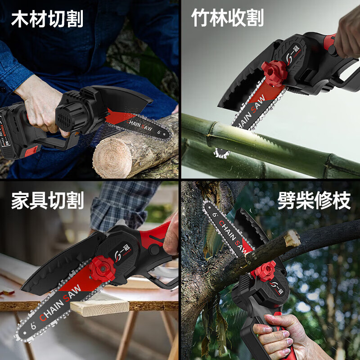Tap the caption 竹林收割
227,18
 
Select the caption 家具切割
47,201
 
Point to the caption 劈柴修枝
314,201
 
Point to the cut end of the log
112,157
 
